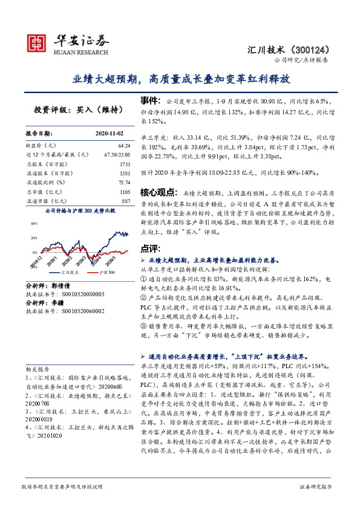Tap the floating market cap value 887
pyautogui.click(x=126, y=200)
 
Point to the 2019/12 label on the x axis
pyautogui.click(x=34, y=261)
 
